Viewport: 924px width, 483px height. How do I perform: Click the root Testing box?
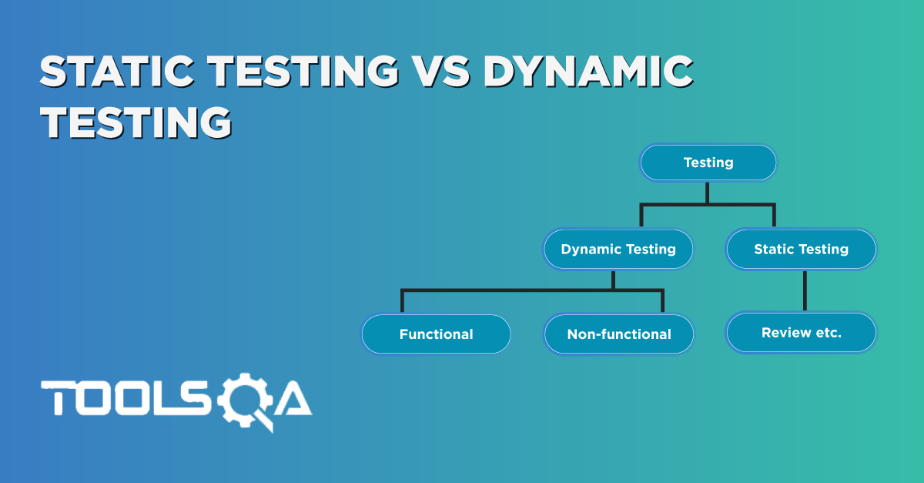(x=708, y=163)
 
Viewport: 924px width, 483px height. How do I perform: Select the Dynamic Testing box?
(x=618, y=249)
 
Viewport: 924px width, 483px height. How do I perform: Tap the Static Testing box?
(x=801, y=249)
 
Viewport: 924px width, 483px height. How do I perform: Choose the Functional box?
(x=436, y=334)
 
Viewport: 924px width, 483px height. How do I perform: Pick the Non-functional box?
(x=619, y=334)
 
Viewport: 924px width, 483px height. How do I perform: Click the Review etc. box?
(x=801, y=333)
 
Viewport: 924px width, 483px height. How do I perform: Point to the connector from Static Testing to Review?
(x=804, y=290)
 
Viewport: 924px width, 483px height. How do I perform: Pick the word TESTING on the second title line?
(x=136, y=122)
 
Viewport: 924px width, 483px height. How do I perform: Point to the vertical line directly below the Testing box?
(x=708, y=192)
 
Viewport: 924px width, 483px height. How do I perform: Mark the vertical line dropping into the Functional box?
(x=401, y=301)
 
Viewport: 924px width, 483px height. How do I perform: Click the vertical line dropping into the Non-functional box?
(x=662, y=301)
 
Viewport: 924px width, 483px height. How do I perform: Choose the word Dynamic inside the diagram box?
(x=589, y=249)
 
